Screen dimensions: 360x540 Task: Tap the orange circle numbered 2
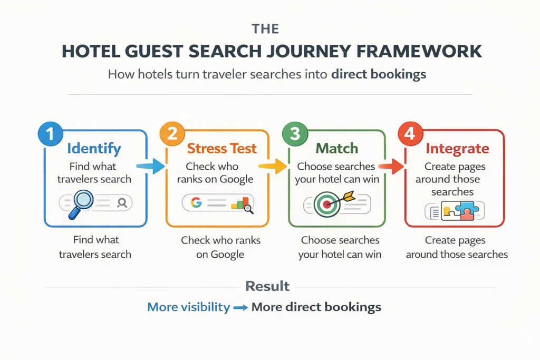171,134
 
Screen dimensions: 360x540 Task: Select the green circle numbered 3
294,134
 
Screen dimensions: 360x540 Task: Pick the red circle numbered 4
409,134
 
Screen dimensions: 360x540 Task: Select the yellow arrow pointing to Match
272,167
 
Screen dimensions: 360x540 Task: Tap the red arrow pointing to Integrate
392,167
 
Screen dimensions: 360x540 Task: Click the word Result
267,286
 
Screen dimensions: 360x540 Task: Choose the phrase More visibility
188,307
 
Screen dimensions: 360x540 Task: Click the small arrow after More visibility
240,307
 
